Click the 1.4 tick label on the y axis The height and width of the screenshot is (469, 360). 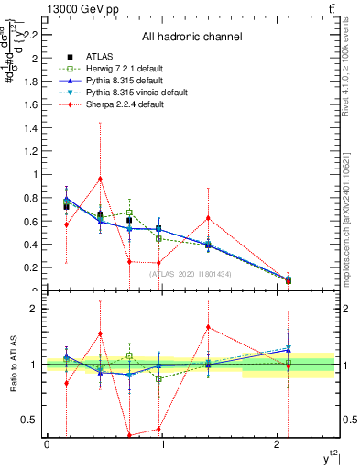click(x=34, y=127)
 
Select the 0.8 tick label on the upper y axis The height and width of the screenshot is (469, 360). click(x=34, y=197)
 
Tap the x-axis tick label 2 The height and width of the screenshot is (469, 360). click(x=278, y=444)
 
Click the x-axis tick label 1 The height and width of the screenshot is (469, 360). click(x=162, y=444)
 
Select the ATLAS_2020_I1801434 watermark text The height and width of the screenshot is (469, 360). click(x=191, y=274)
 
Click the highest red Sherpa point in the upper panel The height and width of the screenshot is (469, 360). click(x=100, y=179)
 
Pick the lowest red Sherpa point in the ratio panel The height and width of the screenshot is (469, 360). click(x=129, y=435)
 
